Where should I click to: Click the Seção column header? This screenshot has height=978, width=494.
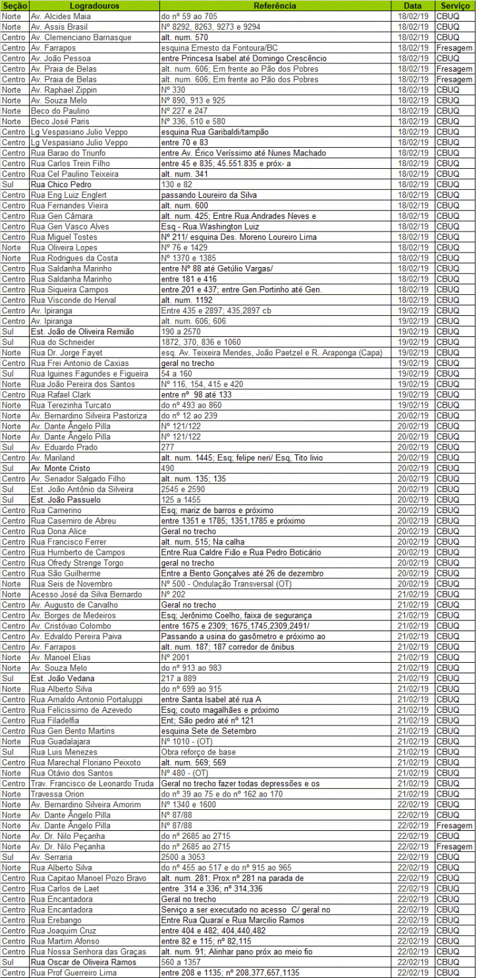(x=14, y=5)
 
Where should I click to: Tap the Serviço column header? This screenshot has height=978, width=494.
(x=454, y=5)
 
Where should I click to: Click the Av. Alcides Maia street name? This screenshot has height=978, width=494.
(x=57, y=16)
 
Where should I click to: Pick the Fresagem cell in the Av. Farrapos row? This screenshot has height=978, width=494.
(x=454, y=48)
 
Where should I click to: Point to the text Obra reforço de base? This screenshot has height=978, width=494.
(x=198, y=752)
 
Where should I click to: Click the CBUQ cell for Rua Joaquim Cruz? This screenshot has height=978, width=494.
(x=448, y=931)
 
